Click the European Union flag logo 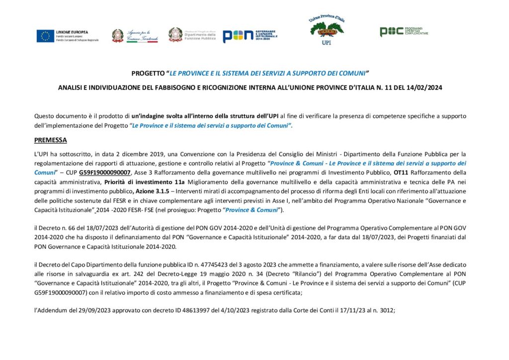(x=45, y=36)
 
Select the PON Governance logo (x=249, y=36)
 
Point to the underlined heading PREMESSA (x=50, y=140)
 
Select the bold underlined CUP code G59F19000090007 (x=105, y=173)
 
